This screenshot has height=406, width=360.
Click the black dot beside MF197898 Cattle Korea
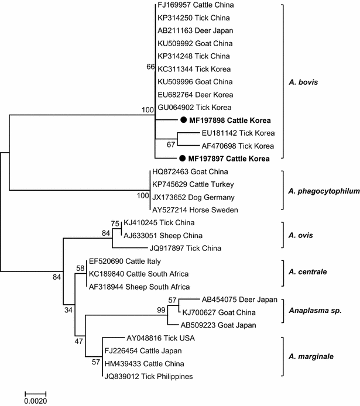[x=183, y=121]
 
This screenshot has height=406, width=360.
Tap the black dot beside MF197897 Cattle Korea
[x=183, y=159]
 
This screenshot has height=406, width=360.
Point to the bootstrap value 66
[x=150, y=67]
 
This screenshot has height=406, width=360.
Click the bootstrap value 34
[x=69, y=309]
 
